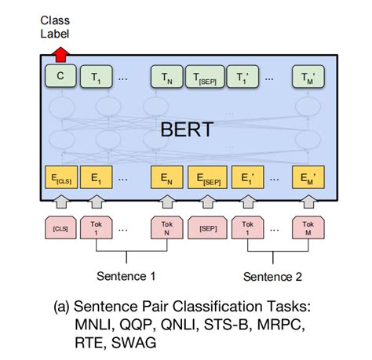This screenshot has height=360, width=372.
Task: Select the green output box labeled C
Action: [x=59, y=78]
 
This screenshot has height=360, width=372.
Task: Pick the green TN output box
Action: [x=166, y=78]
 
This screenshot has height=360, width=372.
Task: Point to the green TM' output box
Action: [x=308, y=78]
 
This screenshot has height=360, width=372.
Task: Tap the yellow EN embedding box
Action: [x=166, y=178]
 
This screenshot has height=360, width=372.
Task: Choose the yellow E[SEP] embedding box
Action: [x=207, y=178]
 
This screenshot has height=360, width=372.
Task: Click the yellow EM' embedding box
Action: [x=308, y=178]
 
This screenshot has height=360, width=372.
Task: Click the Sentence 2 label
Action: [x=272, y=275]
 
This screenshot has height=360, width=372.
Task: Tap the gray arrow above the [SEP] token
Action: [x=207, y=202]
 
